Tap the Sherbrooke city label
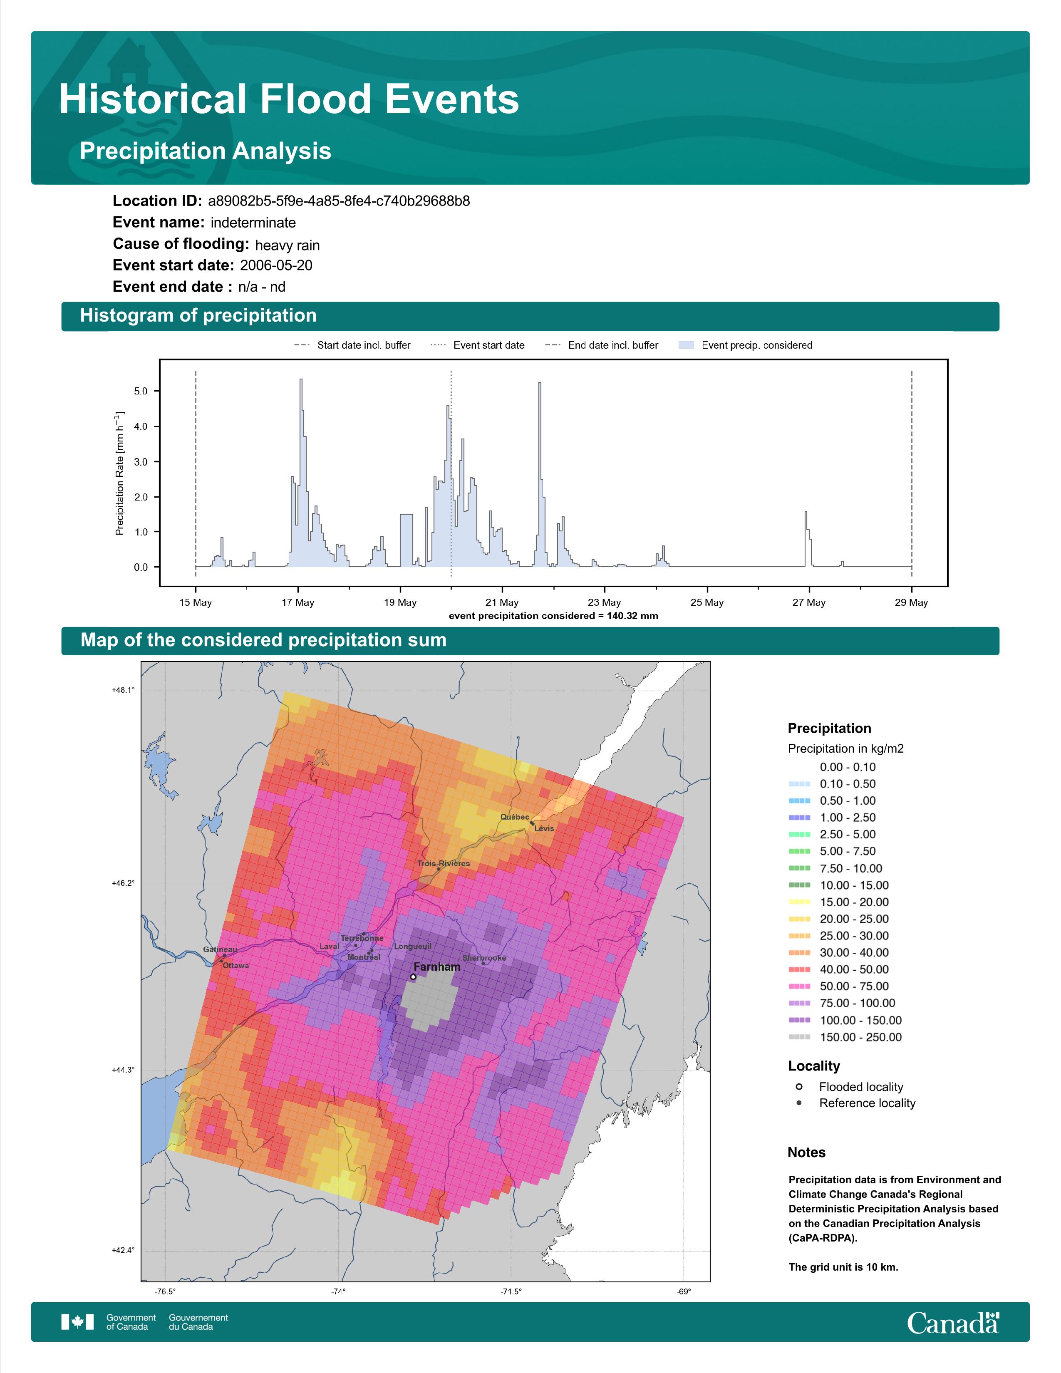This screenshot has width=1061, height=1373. click(484, 958)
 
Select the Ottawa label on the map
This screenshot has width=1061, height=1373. click(236, 966)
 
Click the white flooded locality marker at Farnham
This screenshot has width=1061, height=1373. click(412, 977)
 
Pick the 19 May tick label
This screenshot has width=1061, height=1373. click(400, 602)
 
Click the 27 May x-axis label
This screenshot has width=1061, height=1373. click(808, 602)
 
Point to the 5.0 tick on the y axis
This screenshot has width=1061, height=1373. click(141, 391)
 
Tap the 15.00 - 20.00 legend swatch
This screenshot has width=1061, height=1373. click(799, 902)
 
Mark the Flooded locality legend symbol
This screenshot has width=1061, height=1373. click(799, 1086)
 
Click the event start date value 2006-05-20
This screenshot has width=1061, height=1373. click(276, 265)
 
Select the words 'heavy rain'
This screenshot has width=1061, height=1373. click(287, 245)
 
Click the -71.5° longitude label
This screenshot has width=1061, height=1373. click(511, 1292)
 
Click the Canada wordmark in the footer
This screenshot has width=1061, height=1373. click(953, 1323)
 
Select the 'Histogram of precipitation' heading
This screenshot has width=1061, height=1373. click(198, 316)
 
